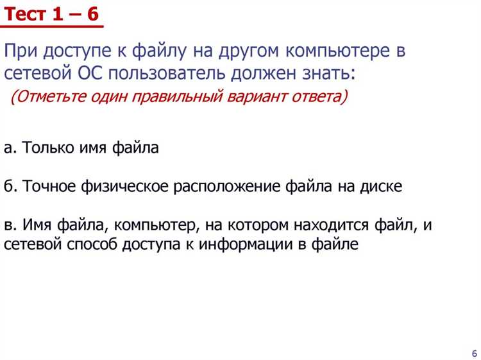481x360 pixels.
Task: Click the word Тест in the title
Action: [x=26, y=13]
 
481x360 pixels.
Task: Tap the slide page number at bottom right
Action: [x=474, y=354]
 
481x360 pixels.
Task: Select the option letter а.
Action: [x=8, y=148]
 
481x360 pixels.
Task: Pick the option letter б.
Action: [x=8, y=186]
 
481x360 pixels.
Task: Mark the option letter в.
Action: [x=8, y=225]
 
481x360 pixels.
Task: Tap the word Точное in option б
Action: [x=51, y=186]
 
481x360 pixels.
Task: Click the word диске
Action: [x=382, y=186]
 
